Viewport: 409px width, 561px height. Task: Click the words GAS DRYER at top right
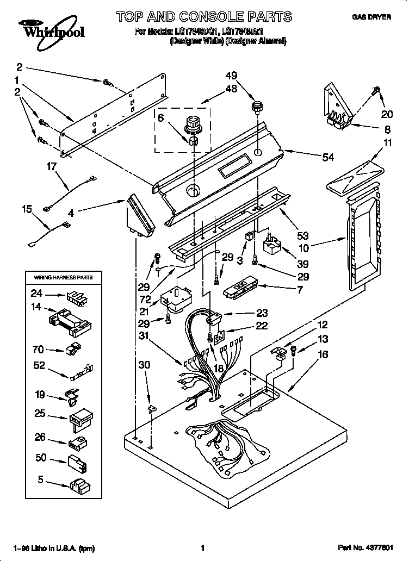pyautogui.click(x=372, y=17)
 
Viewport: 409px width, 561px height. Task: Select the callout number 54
pyautogui.click(x=328, y=158)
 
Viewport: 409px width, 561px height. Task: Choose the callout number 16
pyautogui.click(x=323, y=355)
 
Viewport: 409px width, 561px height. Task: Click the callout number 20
pyautogui.click(x=387, y=115)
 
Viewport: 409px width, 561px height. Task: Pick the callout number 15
pyautogui.click(x=27, y=208)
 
